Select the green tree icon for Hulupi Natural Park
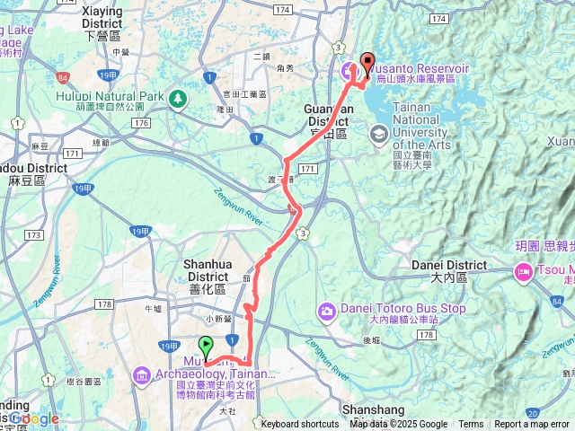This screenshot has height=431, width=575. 179,97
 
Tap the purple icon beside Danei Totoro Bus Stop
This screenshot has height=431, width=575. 326,311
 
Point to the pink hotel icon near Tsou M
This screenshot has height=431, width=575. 522,271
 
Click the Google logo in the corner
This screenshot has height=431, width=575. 34,418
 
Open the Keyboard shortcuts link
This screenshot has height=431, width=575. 299,425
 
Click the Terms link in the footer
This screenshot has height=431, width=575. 470,425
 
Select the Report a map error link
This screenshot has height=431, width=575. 531,425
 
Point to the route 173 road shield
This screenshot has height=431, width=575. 33,235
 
